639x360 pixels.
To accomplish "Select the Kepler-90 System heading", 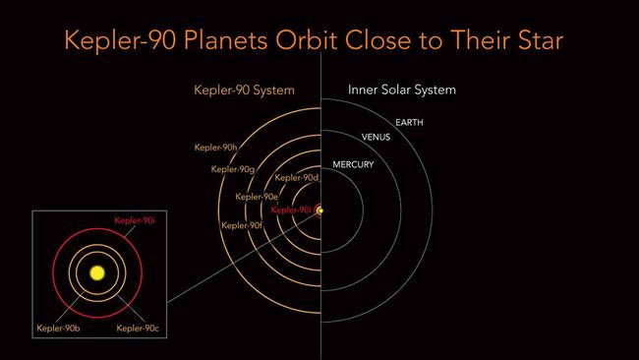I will [243, 90].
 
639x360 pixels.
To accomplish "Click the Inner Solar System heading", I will [402, 90].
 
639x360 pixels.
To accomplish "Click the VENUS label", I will [377, 137].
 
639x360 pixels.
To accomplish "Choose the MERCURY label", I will [353, 164].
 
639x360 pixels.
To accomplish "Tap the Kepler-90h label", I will [215, 148].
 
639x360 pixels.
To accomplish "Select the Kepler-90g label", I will [233, 169].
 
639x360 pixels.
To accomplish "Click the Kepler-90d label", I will [297, 178].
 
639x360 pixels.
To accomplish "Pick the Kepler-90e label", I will [256, 197].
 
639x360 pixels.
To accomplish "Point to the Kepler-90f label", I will [241, 225].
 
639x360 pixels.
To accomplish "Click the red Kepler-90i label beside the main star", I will [291, 210].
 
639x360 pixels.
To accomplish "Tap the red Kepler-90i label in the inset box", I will [136, 221].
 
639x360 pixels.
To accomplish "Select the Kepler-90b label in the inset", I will [58, 328].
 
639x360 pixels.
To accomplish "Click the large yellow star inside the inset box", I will [97, 272].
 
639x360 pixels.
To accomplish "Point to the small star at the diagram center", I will [320, 210].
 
